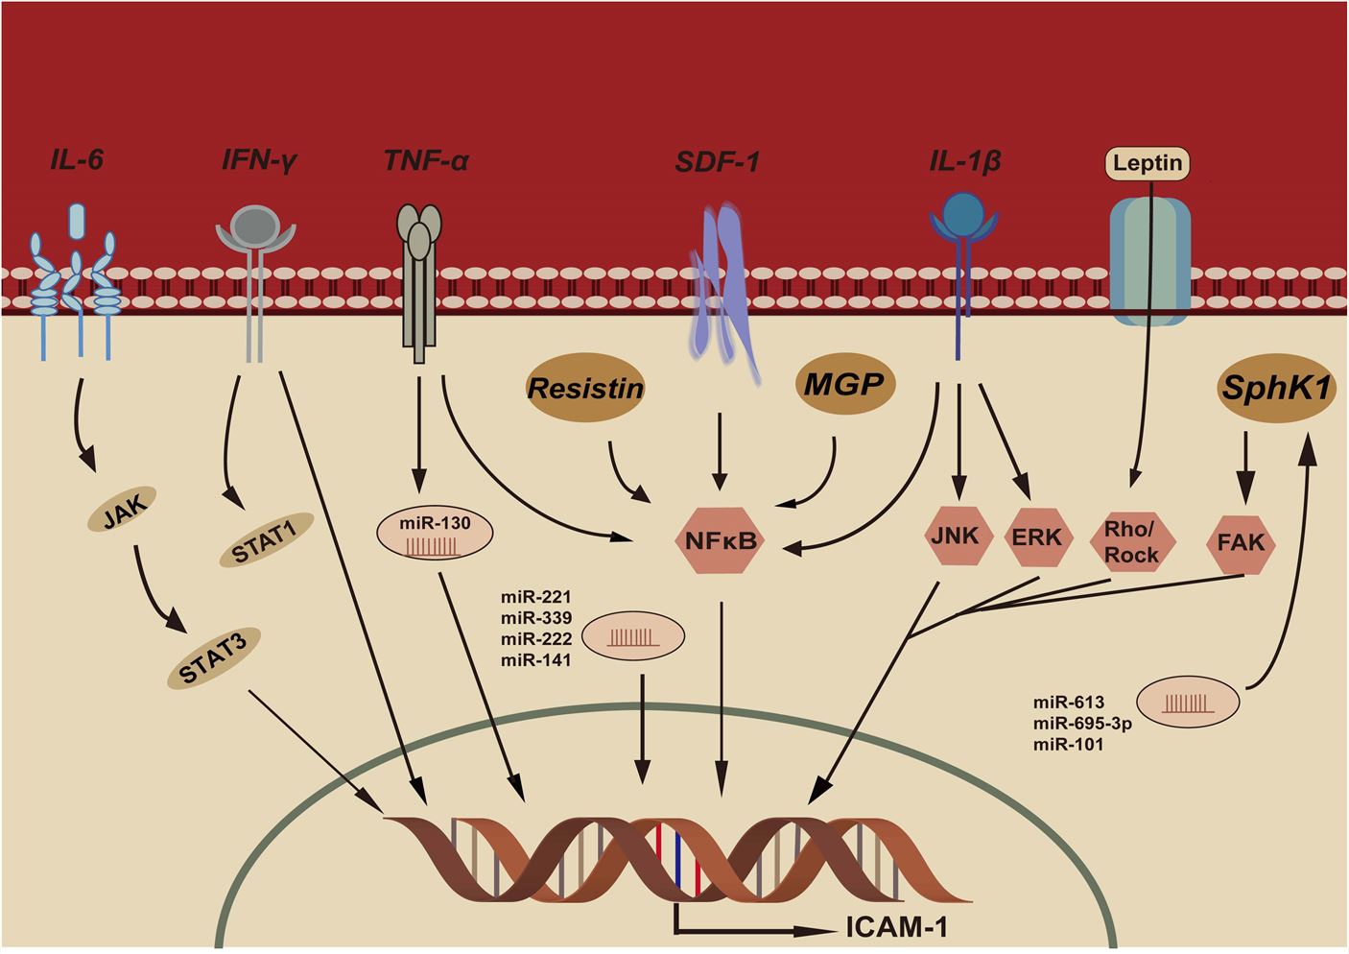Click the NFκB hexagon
tap(721, 541)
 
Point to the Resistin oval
tap(585, 389)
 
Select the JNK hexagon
tap(955, 537)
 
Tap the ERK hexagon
tap(1037, 537)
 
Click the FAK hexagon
tap(1242, 542)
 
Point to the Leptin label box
tap(1148, 163)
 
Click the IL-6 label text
tap(77, 159)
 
